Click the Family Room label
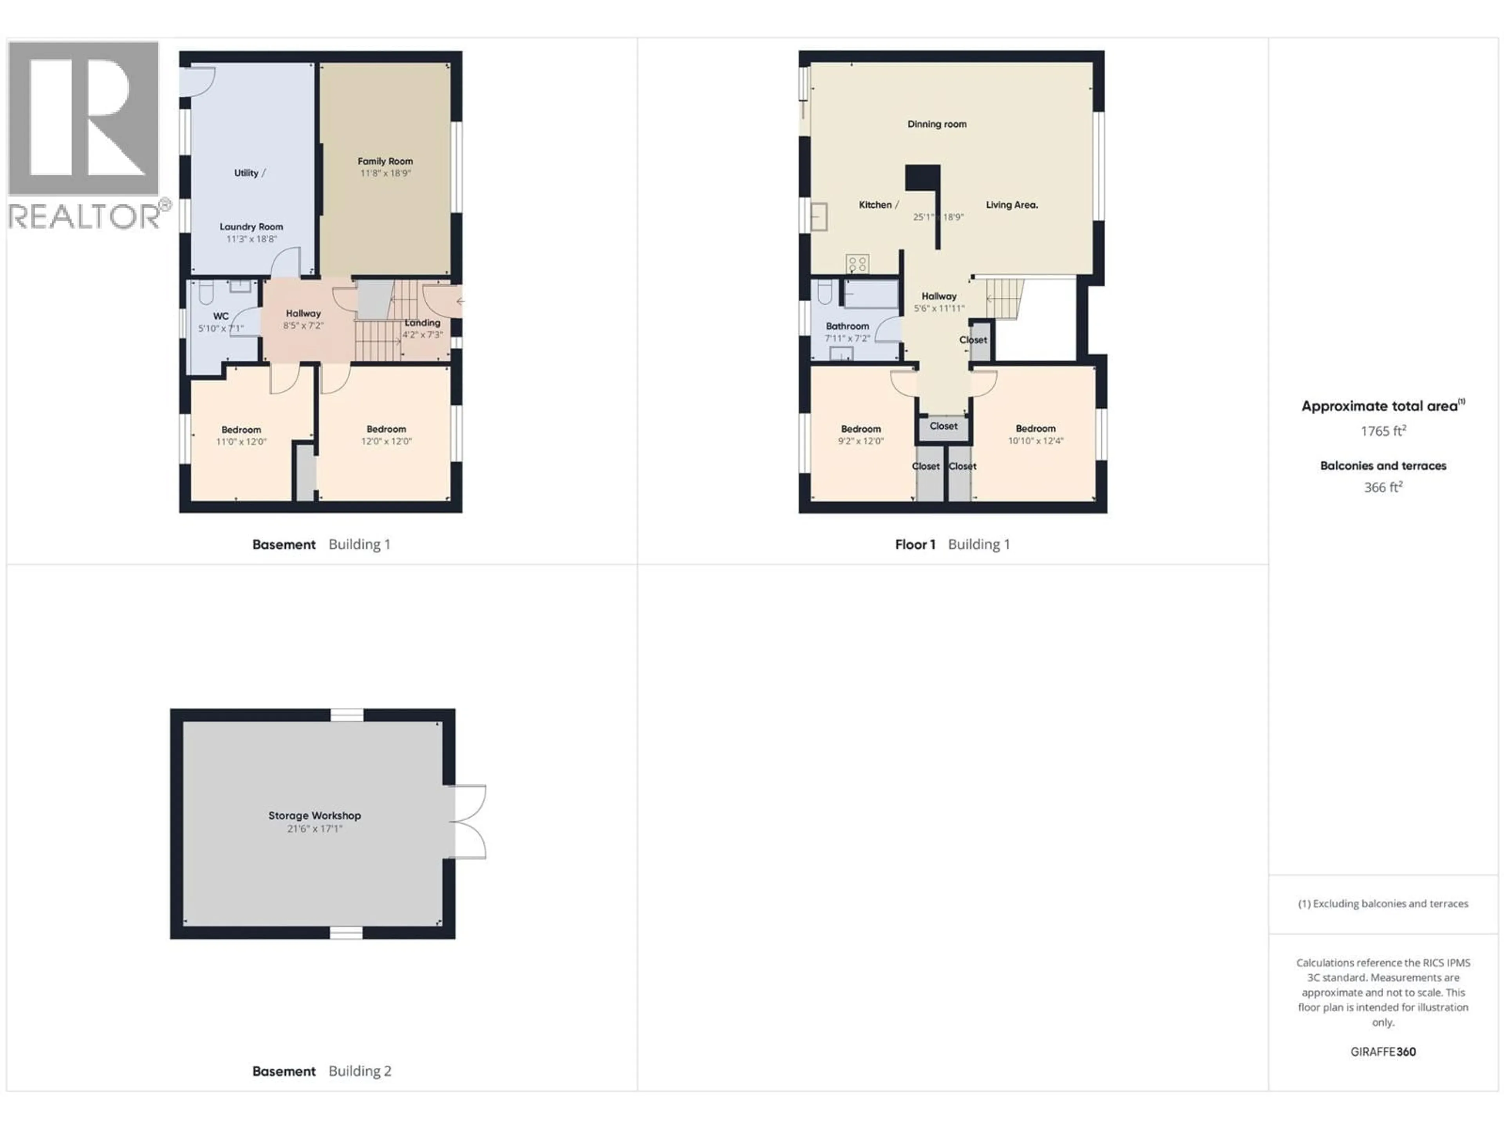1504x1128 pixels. coord(385,161)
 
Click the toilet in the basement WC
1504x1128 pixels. coord(206,293)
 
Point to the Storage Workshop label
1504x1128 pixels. coord(314,815)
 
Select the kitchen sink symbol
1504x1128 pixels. coord(819,218)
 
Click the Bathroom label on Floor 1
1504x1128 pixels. coord(847,326)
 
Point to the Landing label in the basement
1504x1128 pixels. coord(422,323)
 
